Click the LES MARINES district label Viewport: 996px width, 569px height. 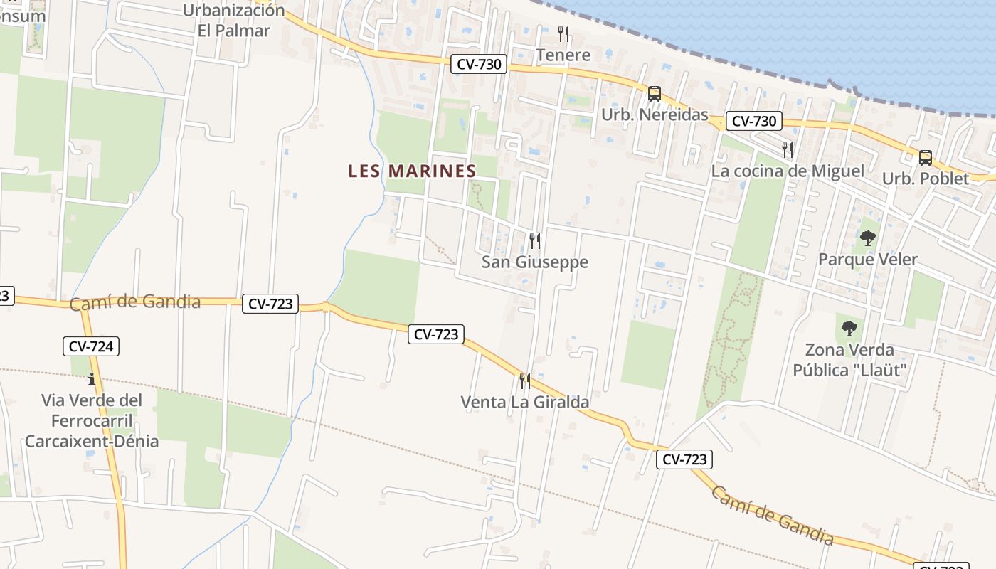(x=412, y=171)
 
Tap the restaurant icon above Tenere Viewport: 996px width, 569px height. (x=563, y=33)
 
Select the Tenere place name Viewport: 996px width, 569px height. (x=563, y=55)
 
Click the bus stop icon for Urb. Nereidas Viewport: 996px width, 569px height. (x=654, y=94)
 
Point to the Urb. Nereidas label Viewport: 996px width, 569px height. (x=655, y=115)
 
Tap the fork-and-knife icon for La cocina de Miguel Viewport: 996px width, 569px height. (x=788, y=150)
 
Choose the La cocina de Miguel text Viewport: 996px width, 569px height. (x=788, y=171)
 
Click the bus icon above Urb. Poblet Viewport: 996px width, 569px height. (x=925, y=158)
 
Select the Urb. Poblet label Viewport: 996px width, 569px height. (x=926, y=179)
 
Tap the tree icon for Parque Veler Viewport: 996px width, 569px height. (x=867, y=238)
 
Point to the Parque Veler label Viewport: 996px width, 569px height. (x=868, y=260)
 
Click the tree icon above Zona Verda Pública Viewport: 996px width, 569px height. (x=849, y=329)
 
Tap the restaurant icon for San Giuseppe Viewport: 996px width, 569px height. (x=535, y=241)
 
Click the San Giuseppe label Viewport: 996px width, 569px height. (x=535, y=262)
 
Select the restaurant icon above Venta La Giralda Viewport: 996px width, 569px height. (x=525, y=381)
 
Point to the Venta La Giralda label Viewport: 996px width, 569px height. (x=525, y=403)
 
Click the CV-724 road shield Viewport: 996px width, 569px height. (x=91, y=346)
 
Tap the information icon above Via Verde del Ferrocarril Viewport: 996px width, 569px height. (x=91, y=379)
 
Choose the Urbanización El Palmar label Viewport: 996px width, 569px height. (x=234, y=21)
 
